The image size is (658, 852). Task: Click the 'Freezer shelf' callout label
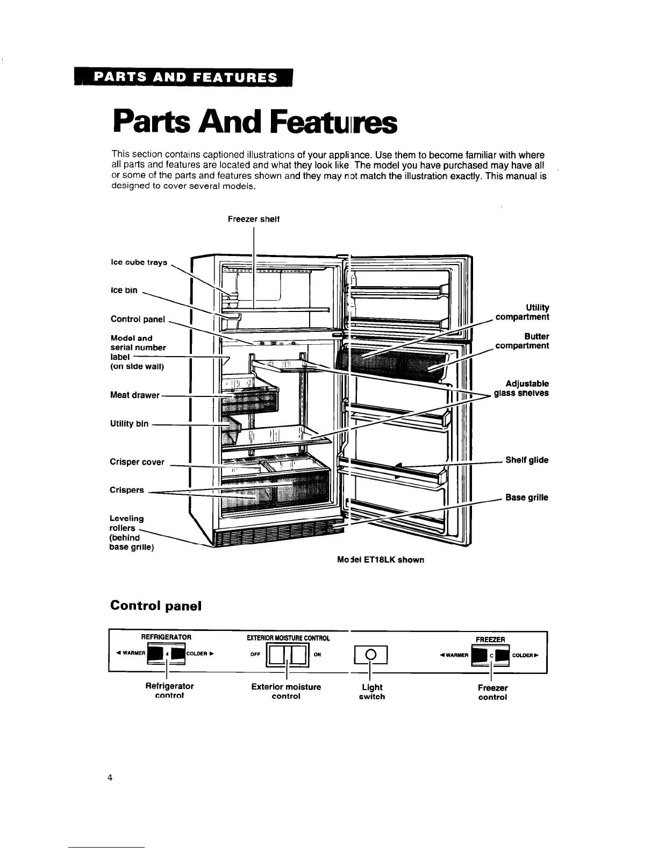click(x=253, y=219)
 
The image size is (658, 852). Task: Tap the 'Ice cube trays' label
click(x=139, y=262)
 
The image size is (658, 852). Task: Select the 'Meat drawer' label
click(x=135, y=395)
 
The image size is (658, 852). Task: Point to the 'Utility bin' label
click(x=130, y=424)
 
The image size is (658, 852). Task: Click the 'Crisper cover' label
click(x=137, y=462)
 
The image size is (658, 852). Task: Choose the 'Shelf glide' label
click(x=527, y=460)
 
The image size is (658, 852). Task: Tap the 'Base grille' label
click(x=527, y=498)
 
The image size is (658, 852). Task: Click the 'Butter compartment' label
click(x=523, y=341)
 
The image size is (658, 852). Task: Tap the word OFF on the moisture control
click(x=255, y=655)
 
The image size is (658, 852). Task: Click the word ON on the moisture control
click(x=317, y=655)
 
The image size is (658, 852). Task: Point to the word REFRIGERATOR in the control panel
click(x=166, y=637)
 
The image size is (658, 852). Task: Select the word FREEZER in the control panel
click(x=490, y=640)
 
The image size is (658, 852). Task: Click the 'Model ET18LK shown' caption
click(x=381, y=560)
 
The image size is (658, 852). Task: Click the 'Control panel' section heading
click(x=155, y=606)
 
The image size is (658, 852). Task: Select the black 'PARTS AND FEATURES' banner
click(x=185, y=77)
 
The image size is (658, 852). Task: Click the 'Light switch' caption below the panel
click(x=372, y=692)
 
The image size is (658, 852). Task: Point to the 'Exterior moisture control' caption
click(x=286, y=691)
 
